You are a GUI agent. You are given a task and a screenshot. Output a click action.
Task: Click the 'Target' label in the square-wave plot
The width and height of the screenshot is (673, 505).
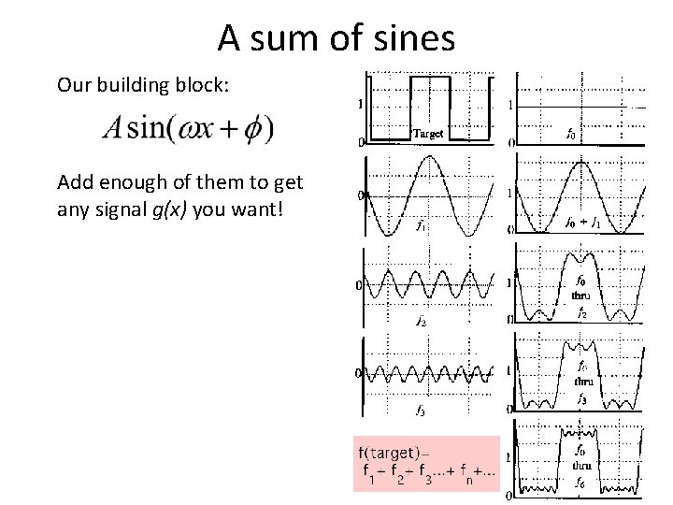pyautogui.click(x=427, y=134)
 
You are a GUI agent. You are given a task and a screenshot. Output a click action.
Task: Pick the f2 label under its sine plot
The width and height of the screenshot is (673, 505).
pyautogui.click(x=421, y=321)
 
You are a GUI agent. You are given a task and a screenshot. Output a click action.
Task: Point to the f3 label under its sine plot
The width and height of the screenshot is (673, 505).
pyautogui.click(x=421, y=411)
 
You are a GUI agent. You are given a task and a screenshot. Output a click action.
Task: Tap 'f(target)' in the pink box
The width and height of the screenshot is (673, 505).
pyautogui.click(x=388, y=454)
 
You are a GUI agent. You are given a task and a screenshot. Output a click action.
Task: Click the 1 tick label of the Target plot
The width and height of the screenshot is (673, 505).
pyautogui.click(x=361, y=104)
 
